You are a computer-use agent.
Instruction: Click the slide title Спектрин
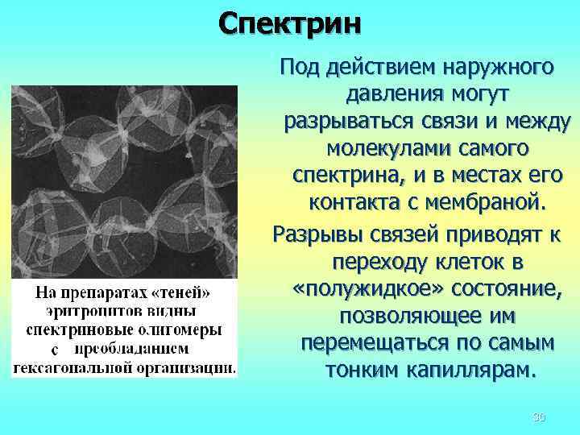tap(291, 23)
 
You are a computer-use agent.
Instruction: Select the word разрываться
tap(342, 122)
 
